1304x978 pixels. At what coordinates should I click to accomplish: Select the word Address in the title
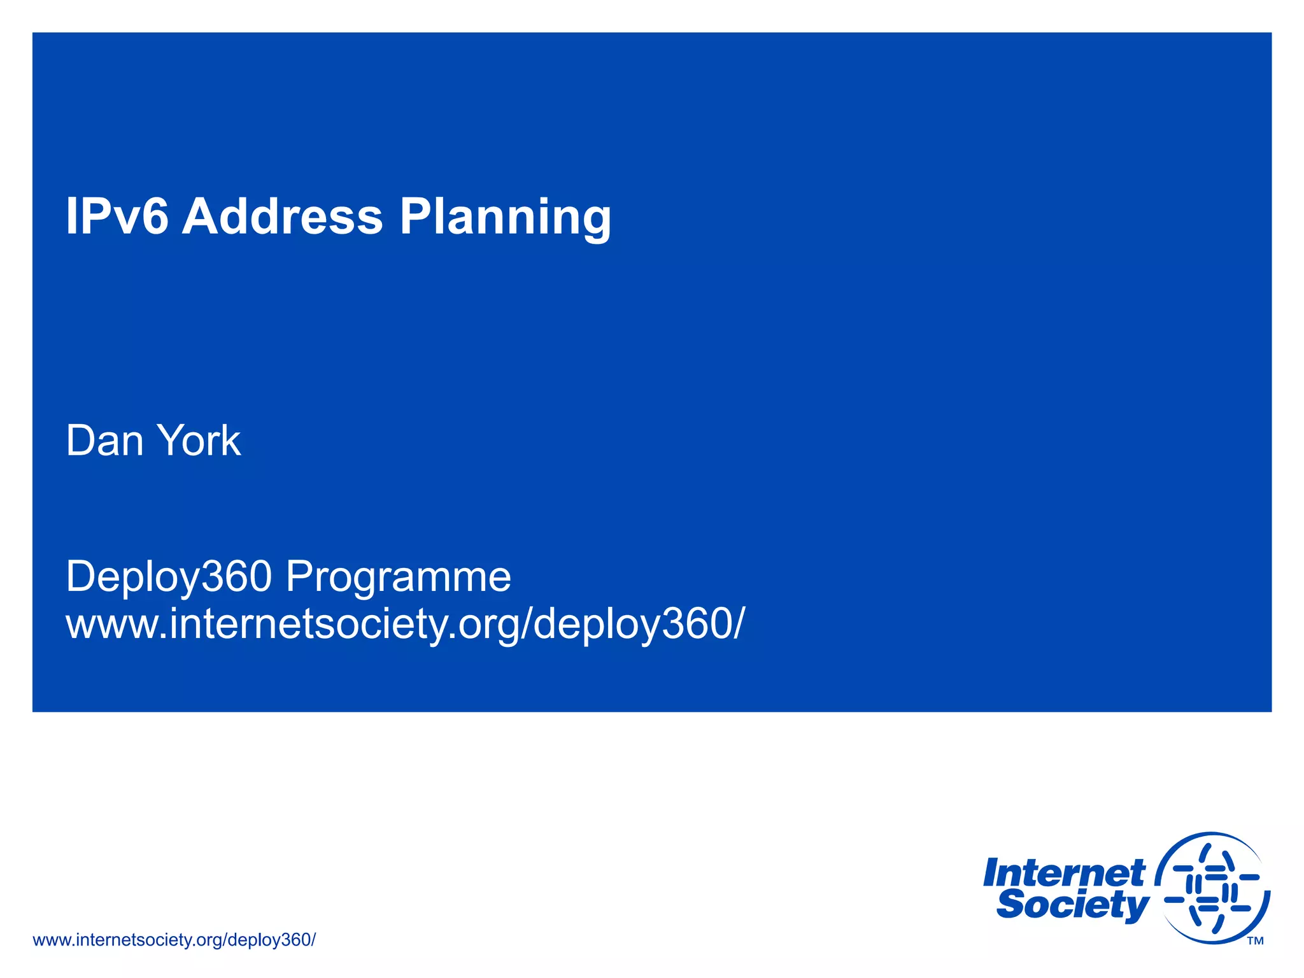point(282,216)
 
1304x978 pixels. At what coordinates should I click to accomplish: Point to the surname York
point(199,441)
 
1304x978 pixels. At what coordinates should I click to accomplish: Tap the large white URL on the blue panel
point(404,624)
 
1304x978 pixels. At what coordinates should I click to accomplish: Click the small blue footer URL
point(174,940)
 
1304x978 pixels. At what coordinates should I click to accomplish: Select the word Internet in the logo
point(1063,874)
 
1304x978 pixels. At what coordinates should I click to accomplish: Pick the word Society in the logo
point(1072,905)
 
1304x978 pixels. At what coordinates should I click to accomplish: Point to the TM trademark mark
point(1255,941)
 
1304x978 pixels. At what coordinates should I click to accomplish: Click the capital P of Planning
point(415,216)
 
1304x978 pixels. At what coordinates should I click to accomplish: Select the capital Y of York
point(170,441)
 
